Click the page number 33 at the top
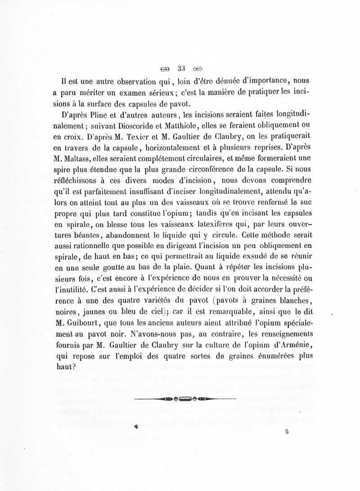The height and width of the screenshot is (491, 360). tap(182, 69)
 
